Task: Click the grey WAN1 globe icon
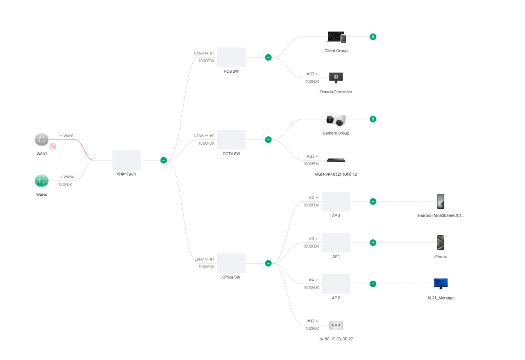[42, 139]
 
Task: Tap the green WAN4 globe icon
[42, 181]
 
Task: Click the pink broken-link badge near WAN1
[53, 146]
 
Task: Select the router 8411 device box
[126, 160]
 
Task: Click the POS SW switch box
[232, 57]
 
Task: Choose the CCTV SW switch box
[232, 139]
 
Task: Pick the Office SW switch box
[232, 263]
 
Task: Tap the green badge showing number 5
[373, 37]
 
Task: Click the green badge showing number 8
[373, 119]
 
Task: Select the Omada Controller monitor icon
[336, 78]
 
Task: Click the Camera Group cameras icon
[336, 119]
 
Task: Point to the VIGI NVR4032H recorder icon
[336, 160]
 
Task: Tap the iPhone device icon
[440, 243]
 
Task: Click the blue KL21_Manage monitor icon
[440, 284]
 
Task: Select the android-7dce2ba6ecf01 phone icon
[440, 201]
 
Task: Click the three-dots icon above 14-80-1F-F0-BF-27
[336, 325]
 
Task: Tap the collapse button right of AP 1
[373, 243]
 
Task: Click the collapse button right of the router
[164, 160]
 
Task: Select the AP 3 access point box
[336, 201]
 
